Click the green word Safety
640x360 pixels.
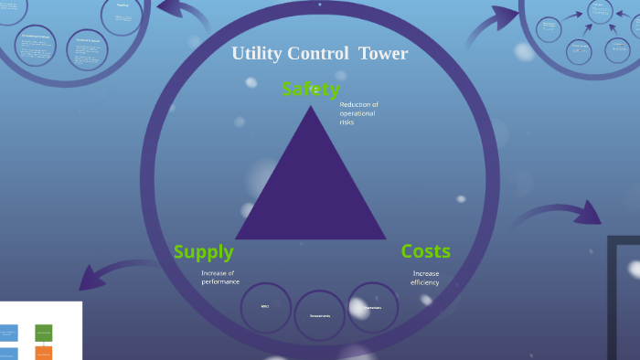(311, 89)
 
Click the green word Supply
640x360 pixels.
(203, 251)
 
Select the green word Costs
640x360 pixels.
(426, 251)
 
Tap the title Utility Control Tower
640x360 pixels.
(319, 53)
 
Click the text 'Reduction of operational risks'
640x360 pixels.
(358, 113)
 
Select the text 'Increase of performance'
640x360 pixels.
(219, 278)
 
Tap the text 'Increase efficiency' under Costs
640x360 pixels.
(425, 278)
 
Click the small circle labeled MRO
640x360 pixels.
(265, 307)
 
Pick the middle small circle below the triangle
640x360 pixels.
(320, 315)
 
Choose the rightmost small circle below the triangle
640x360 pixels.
(373, 307)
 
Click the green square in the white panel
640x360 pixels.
(44, 333)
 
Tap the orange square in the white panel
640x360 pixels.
(44, 354)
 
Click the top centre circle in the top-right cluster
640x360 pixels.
(601, 11)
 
